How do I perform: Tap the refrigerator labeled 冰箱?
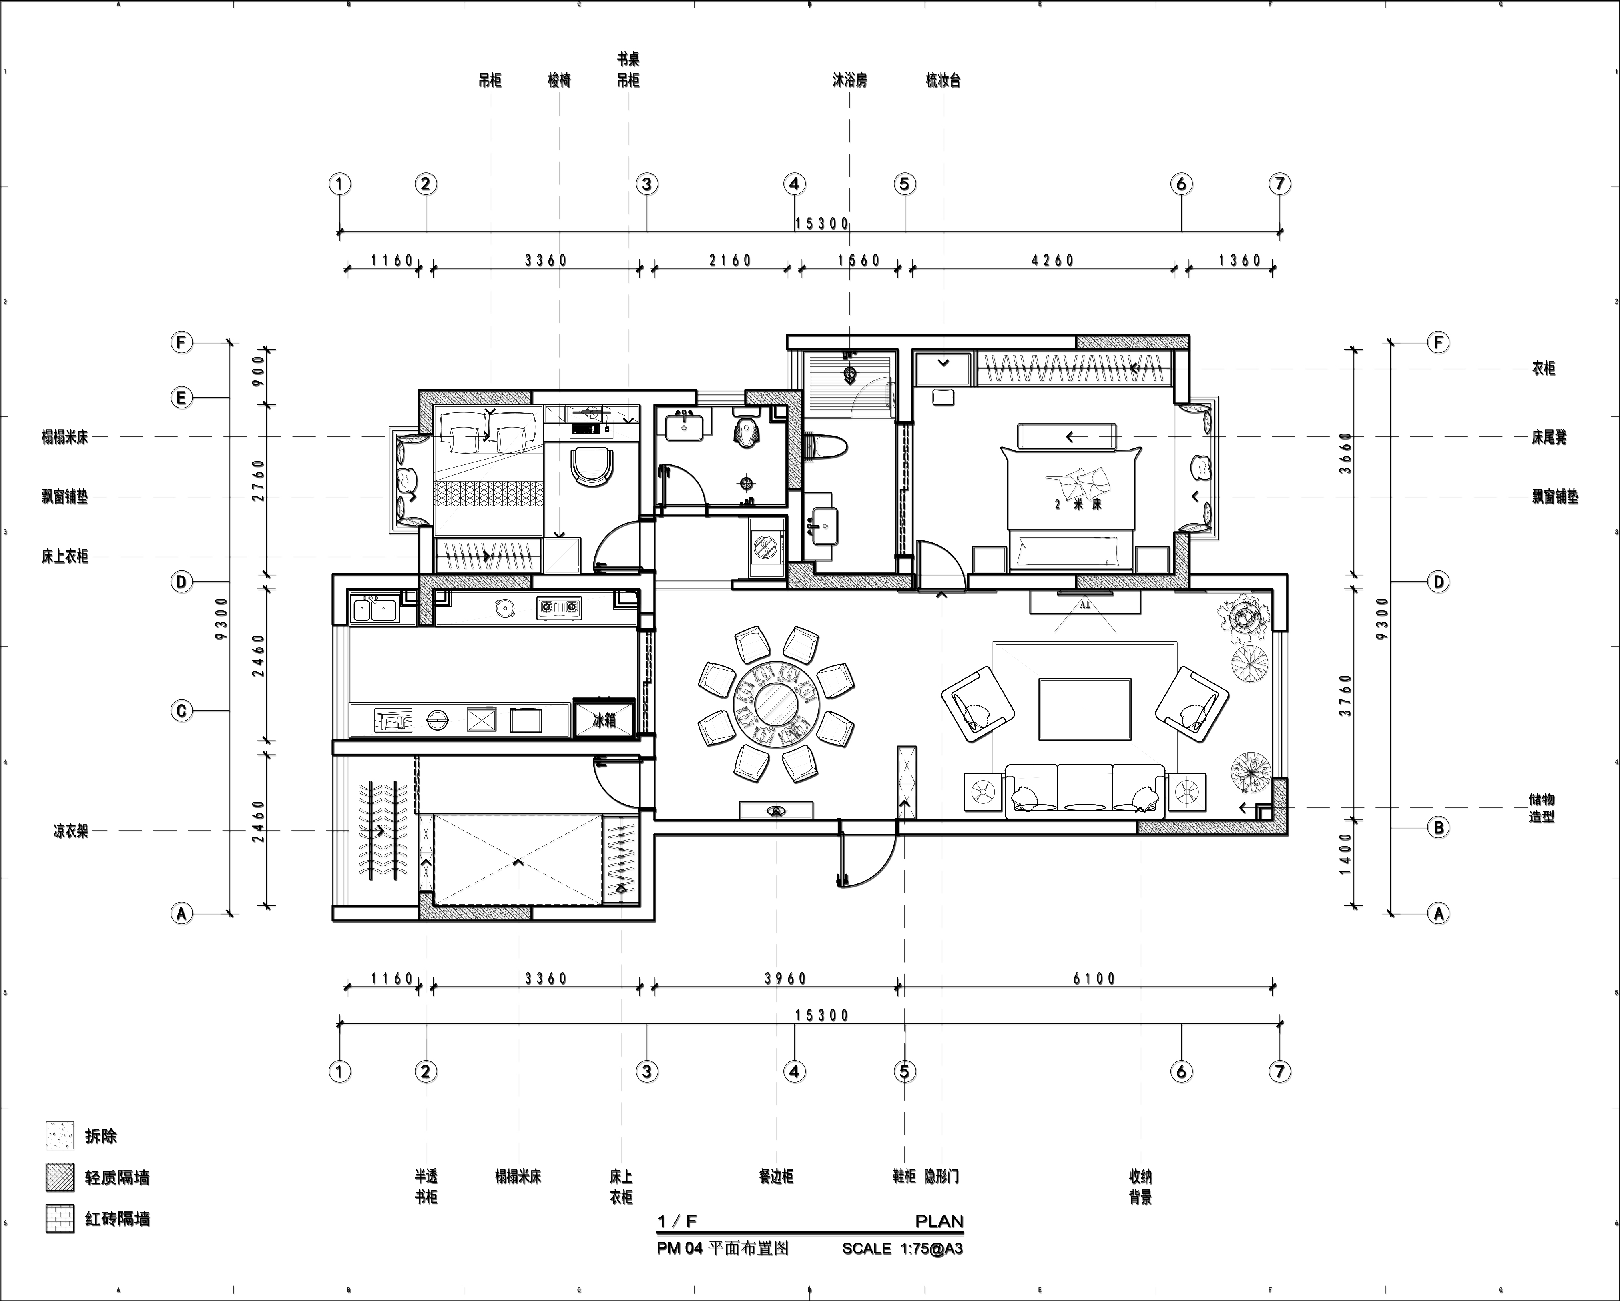coord(604,720)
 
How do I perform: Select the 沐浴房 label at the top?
coord(850,80)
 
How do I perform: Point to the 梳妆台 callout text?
coord(944,80)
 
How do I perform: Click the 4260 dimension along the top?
coord(1053,261)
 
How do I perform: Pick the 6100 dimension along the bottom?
coord(1095,979)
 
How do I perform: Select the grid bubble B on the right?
coord(1438,828)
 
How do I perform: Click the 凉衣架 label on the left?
coord(70,832)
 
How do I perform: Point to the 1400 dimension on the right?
coord(1345,854)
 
